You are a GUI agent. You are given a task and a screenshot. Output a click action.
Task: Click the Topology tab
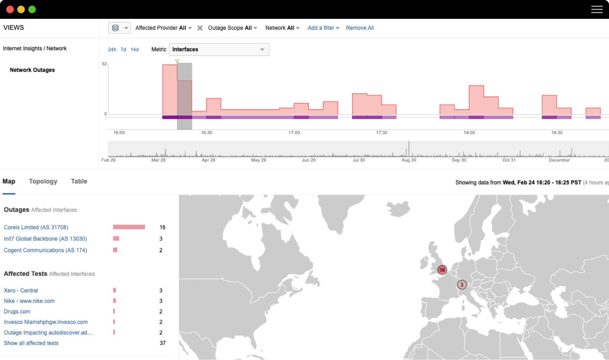pyautogui.click(x=43, y=181)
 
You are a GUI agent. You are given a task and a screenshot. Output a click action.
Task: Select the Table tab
pyautogui.click(x=79, y=181)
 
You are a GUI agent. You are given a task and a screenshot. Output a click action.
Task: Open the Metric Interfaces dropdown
pyautogui.click(x=219, y=49)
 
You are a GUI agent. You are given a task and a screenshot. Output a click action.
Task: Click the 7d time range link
pyautogui.click(x=123, y=50)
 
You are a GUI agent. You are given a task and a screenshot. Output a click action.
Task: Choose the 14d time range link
pyautogui.click(x=135, y=50)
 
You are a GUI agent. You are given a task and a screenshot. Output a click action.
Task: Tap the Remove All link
pyautogui.click(x=360, y=28)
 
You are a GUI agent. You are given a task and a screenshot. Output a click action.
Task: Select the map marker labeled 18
pyautogui.click(x=442, y=270)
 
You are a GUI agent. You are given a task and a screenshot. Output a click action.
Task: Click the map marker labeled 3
pyautogui.click(x=462, y=285)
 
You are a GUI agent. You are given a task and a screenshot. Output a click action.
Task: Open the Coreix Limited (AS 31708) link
pyautogui.click(x=36, y=227)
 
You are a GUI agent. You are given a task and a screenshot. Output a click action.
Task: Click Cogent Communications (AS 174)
pyautogui.click(x=45, y=250)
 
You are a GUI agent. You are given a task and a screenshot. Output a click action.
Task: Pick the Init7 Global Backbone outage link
pyautogui.click(x=45, y=239)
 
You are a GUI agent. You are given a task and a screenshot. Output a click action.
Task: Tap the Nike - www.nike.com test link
pyautogui.click(x=29, y=301)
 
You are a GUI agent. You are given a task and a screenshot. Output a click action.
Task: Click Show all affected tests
pyautogui.click(x=31, y=343)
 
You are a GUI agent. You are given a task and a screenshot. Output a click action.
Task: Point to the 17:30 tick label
pyautogui.click(x=382, y=133)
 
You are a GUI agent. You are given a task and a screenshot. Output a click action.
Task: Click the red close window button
pyautogui.click(x=10, y=9)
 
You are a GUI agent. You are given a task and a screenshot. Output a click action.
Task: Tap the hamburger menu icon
pyautogui.click(x=597, y=9)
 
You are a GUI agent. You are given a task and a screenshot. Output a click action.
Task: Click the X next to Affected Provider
pyautogui.click(x=200, y=28)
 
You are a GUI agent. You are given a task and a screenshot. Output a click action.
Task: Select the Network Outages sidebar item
pyautogui.click(x=32, y=70)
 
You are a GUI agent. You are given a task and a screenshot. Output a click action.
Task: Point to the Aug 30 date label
pyautogui.click(x=409, y=160)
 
